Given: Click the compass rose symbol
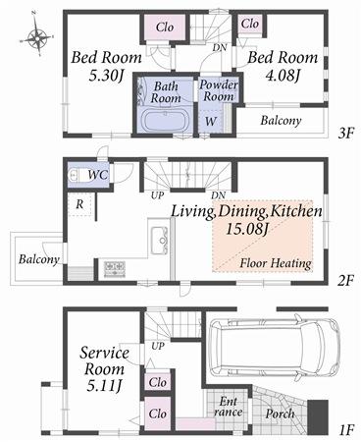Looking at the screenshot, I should point(36,38).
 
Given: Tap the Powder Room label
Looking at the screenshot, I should point(220,90).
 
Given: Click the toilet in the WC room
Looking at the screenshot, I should point(79,174).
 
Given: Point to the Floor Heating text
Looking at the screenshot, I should point(276,263).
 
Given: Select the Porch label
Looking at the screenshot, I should point(281,413).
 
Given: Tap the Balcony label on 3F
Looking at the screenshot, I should point(281,121).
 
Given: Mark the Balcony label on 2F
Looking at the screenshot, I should point(38,259).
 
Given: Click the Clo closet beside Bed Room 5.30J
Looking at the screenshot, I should point(165,27).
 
